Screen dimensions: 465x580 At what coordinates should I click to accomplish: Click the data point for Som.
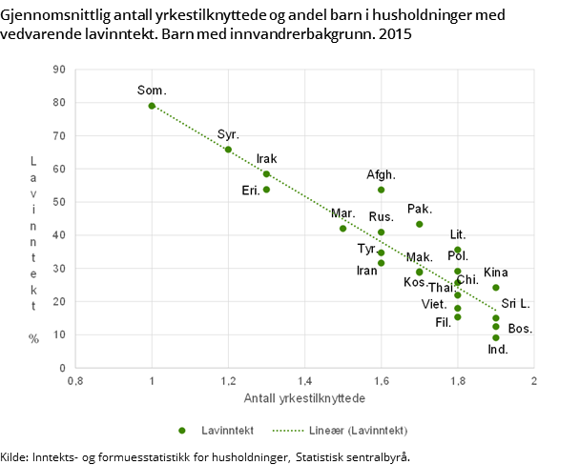click(x=152, y=106)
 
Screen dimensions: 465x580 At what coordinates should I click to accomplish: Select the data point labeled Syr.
click(x=228, y=150)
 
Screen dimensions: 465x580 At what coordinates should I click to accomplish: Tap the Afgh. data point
click(x=381, y=190)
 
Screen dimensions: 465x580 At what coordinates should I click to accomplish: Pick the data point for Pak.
click(x=419, y=224)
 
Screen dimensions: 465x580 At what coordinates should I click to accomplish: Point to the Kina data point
click(x=495, y=288)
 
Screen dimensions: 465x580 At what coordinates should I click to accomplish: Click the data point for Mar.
click(x=342, y=229)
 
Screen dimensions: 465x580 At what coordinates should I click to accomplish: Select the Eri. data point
click(x=266, y=190)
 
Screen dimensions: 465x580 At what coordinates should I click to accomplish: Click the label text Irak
click(x=267, y=158)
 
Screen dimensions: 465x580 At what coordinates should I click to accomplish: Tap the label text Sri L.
click(x=515, y=302)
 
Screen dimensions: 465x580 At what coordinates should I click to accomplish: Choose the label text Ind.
click(x=498, y=350)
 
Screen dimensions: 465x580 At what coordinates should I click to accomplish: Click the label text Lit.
click(x=458, y=234)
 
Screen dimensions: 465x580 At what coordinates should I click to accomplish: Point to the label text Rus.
click(x=381, y=216)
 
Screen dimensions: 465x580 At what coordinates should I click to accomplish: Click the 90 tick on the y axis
click(x=58, y=69)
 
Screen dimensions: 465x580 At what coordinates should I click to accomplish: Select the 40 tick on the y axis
click(x=58, y=235)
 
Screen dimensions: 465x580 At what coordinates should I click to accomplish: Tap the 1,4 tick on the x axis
click(x=304, y=381)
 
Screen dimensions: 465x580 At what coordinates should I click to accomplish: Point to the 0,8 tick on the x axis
click(x=75, y=381)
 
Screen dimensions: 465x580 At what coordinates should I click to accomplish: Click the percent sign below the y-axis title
click(x=33, y=338)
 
